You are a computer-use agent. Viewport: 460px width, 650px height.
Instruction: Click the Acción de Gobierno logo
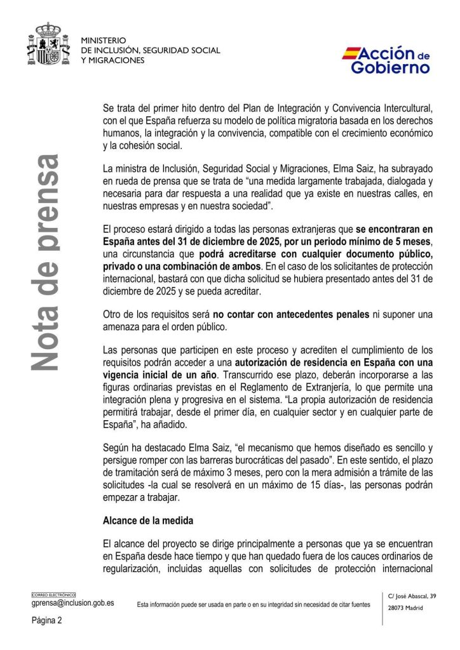pyautogui.click(x=386, y=60)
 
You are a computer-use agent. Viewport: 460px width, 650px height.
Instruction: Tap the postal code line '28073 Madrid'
pyautogui.click(x=405, y=607)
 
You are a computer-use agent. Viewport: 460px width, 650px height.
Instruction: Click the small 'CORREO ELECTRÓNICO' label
pyautogui.click(x=53, y=595)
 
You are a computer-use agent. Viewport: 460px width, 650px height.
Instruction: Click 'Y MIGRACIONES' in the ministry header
pyautogui.click(x=112, y=60)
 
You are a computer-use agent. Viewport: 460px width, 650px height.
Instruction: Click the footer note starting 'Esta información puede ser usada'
pyautogui.click(x=254, y=605)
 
